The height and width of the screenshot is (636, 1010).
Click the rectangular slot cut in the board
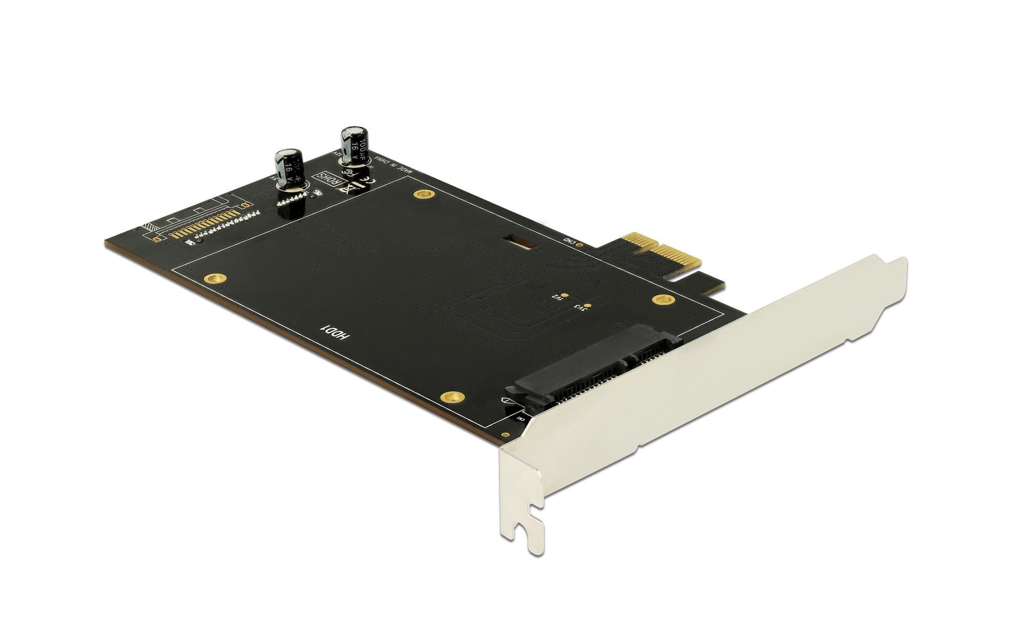tap(519, 242)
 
